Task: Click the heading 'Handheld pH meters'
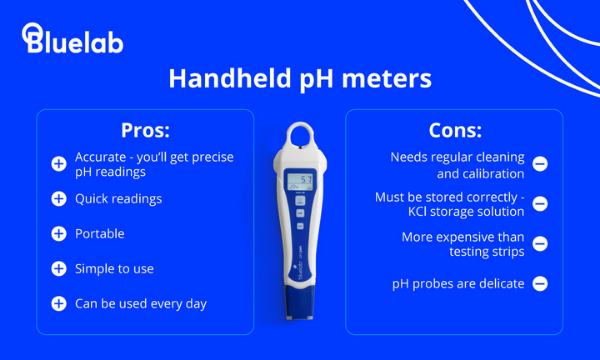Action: coord(300,79)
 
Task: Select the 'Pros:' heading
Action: coord(144,130)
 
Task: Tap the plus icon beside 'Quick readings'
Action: coord(58,199)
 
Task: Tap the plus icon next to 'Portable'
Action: coord(58,234)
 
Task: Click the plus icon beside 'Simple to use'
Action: coord(58,268)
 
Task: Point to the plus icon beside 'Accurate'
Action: coord(58,164)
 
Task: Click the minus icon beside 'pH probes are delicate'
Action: coord(540,283)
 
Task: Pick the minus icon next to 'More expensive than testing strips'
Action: coord(540,242)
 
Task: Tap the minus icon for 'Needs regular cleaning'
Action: coord(540,163)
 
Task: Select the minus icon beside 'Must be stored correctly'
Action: coord(540,203)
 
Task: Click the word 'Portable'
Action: coord(100,234)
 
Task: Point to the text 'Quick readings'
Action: coord(118,199)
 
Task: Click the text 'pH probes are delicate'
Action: coord(458,283)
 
